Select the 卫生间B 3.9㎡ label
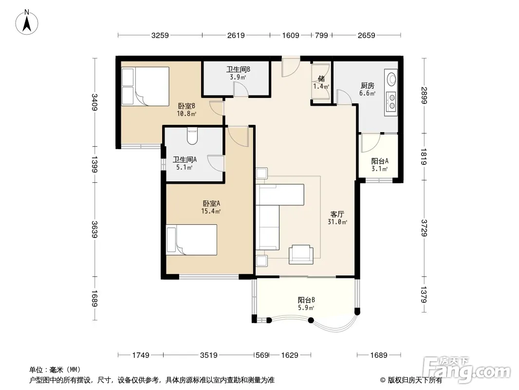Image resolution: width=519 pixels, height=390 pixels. pyautogui.click(x=238, y=73)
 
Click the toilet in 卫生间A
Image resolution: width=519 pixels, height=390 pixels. pyautogui.click(x=192, y=136)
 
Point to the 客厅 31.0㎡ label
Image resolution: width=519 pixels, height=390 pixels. pyautogui.click(x=337, y=218)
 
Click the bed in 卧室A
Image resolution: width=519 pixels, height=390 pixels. pyautogui.click(x=192, y=240)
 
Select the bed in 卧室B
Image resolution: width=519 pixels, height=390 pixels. pyautogui.click(x=145, y=86)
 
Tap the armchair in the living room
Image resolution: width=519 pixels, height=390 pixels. pyautogui.click(x=301, y=254)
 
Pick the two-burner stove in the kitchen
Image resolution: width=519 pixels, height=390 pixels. pyautogui.click(x=391, y=101)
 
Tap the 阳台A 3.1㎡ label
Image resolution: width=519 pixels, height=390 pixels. pyautogui.click(x=380, y=165)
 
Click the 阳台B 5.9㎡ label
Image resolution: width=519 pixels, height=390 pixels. pyautogui.click(x=306, y=304)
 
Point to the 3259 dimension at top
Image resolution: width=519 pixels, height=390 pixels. pyautogui.click(x=160, y=35)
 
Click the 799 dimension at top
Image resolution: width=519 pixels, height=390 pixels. pyautogui.click(x=321, y=35)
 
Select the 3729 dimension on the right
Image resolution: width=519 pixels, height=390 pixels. pyautogui.click(x=424, y=228)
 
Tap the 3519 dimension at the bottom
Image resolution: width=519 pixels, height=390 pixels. pyautogui.click(x=208, y=355)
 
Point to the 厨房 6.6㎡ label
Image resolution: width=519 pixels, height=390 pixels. pyautogui.click(x=368, y=90)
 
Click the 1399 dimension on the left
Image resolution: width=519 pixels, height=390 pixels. pyautogui.click(x=94, y=164)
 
